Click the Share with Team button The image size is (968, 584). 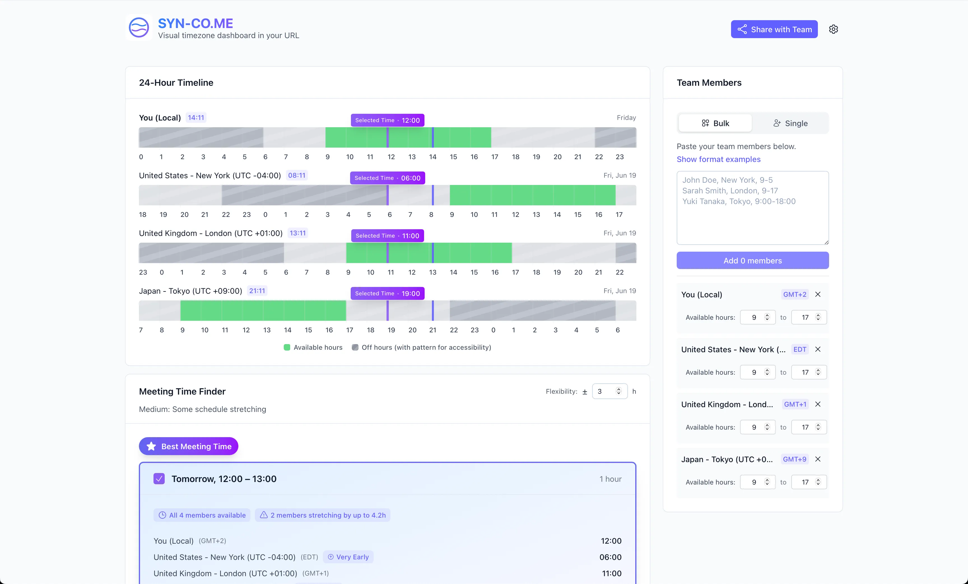point(774,29)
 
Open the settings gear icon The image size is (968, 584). point(833,29)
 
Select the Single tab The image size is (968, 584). point(790,123)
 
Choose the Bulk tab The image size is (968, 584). point(715,123)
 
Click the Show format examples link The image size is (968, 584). point(718,159)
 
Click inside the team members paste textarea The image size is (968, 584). point(753,208)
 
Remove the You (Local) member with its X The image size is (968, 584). point(818,294)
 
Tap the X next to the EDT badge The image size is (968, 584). point(818,349)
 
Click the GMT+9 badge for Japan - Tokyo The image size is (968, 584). point(794,459)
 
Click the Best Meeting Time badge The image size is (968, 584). point(189,446)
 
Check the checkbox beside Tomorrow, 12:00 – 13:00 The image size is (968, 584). point(159,479)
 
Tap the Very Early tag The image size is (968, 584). point(348,557)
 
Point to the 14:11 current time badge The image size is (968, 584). point(196,117)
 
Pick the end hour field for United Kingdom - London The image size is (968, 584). point(809,427)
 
